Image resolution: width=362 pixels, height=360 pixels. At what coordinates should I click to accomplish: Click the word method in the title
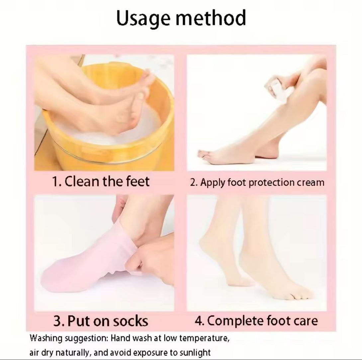[x=211, y=18]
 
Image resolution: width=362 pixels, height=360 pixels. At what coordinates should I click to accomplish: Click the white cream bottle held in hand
[x=278, y=90]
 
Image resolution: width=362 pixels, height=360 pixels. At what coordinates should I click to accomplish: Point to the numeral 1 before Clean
[x=55, y=181]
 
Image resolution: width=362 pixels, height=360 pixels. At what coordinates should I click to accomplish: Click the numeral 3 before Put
[x=57, y=321]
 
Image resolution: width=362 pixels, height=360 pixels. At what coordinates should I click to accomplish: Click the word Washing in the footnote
[x=46, y=338]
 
